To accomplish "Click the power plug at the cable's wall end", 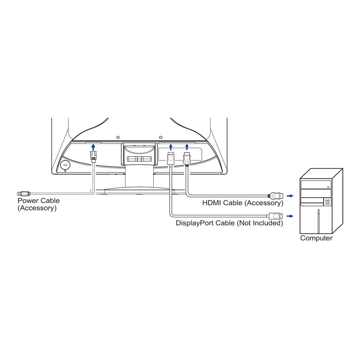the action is [x=24, y=193].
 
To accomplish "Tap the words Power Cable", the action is [x=39, y=201].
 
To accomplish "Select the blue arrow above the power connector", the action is [x=93, y=147].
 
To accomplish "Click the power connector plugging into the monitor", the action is [x=93, y=157].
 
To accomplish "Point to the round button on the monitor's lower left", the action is [x=65, y=165].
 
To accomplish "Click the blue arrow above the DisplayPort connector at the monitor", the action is [x=171, y=147].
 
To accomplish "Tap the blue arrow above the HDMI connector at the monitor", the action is [x=187, y=147].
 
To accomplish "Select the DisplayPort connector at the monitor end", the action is [x=171, y=158].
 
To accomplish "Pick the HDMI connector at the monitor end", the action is [x=187, y=158].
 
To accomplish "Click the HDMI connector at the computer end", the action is [x=276, y=196].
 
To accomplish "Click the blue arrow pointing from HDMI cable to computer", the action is [x=290, y=196].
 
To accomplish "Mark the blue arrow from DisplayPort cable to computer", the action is [x=290, y=216].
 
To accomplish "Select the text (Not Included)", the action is [x=260, y=223].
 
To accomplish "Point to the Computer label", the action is [x=316, y=238].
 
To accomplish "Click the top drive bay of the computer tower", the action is [x=316, y=184].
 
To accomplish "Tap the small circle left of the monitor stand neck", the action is [x=118, y=137].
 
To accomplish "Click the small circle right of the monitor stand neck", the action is [x=161, y=137].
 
